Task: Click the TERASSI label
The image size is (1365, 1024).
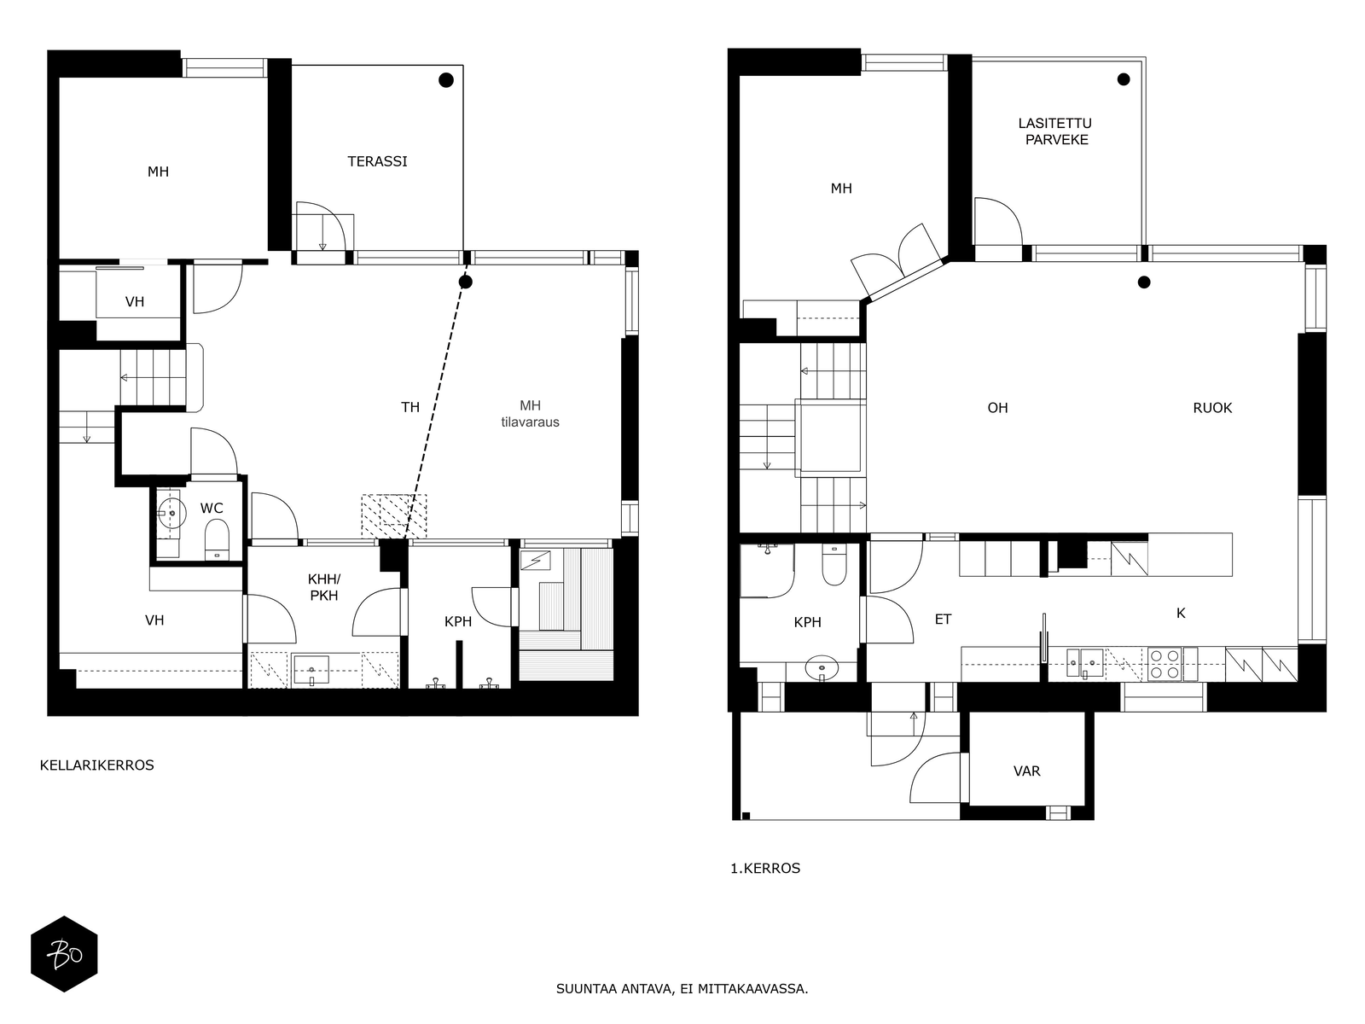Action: pyautogui.click(x=377, y=161)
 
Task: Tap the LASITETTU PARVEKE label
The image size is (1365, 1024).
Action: pyautogui.click(x=1055, y=131)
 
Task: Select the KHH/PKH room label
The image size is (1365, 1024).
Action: pyautogui.click(x=323, y=588)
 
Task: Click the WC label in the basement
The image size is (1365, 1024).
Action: pyautogui.click(x=212, y=509)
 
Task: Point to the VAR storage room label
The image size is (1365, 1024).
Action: pyautogui.click(x=1026, y=771)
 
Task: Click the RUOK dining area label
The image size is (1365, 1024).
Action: pyautogui.click(x=1211, y=408)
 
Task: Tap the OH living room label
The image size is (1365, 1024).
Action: pyautogui.click(x=997, y=408)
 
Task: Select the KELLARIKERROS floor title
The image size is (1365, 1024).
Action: pyautogui.click(x=97, y=765)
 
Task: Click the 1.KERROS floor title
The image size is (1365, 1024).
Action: pyautogui.click(x=765, y=869)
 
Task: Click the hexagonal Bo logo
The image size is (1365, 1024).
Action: pyautogui.click(x=64, y=954)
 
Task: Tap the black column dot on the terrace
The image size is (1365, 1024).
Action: pyautogui.click(x=445, y=80)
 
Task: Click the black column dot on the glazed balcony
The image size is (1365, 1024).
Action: pyautogui.click(x=1124, y=79)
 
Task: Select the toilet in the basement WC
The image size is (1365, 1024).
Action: pyautogui.click(x=218, y=538)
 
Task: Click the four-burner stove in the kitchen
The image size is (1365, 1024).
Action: pyautogui.click(x=1165, y=664)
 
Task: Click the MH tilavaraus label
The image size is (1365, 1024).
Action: pyautogui.click(x=530, y=414)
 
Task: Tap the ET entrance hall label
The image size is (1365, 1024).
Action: pyautogui.click(x=943, y=620)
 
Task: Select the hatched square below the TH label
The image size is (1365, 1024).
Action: pyautogui.click(x=393, y=516)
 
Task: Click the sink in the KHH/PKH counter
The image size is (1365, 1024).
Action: pyautogui.click(x=311, y=670)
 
